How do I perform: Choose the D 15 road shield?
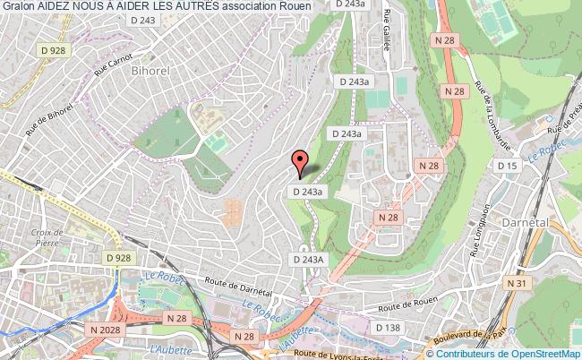(x=508, y=167)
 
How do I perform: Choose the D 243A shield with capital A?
(x=306, y=259)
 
